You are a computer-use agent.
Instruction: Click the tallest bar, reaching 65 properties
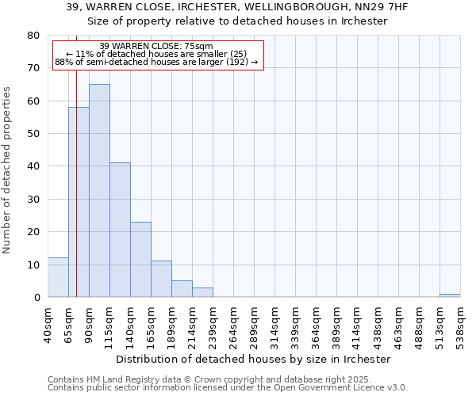[99, 190]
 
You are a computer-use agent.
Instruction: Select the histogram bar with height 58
[79, 202]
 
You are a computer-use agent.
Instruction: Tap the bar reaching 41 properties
[120, 230]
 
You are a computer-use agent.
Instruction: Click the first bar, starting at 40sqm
[58, 277]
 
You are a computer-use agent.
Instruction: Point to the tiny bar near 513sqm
[450, 295]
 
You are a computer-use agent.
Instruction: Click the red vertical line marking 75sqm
[76, 158]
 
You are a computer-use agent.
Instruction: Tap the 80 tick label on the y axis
[33, 36]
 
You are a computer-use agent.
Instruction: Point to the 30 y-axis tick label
[33, 199]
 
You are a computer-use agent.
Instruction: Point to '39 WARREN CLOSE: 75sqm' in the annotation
[156, 47]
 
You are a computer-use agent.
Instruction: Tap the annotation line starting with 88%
[156, 62]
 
